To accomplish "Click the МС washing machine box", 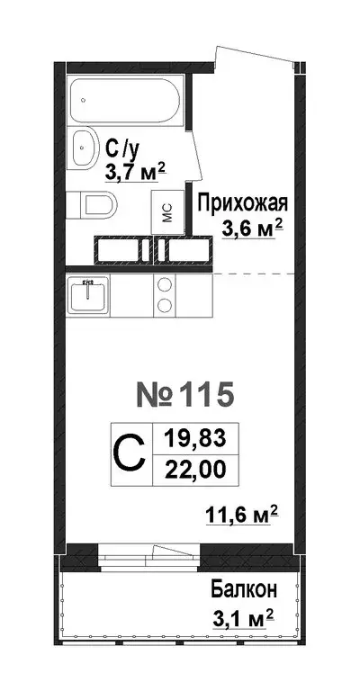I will (167, 212).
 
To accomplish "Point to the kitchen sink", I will (89, 294).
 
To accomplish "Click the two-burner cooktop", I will (166, 294).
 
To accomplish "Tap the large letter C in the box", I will (130, 454).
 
